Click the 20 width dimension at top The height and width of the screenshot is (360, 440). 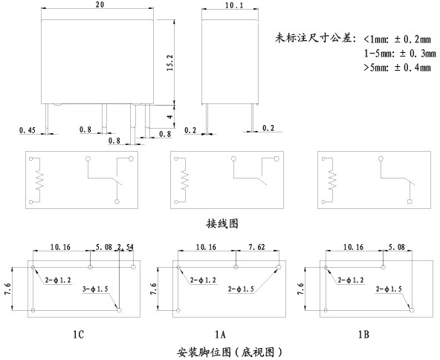pos(100,4)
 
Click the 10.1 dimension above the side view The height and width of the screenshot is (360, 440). pos(234,5)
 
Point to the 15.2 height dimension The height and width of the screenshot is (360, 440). pos(170,62)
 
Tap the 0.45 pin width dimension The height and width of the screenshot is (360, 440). pos(27,130)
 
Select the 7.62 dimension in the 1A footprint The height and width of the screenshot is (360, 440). pos(256,247)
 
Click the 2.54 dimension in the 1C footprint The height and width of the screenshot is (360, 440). pos(125,247)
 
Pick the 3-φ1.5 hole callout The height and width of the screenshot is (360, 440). pos(95,289)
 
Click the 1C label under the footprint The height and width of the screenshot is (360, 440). pos(78,335)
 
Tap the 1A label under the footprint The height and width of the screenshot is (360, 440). pos(220,335)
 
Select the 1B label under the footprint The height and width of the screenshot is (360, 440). pos(363,335)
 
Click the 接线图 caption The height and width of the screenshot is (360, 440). pos(222,224)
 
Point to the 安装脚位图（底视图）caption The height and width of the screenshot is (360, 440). pos(229,352)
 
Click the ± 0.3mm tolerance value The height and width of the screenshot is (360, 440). pos(417,53)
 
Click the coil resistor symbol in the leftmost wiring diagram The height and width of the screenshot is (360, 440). pos(39,180)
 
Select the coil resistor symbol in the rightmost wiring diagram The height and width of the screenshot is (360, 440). pos(332,180)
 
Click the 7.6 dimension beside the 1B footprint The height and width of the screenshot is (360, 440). pos(300,289)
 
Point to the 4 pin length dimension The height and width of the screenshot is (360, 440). pos(170,115)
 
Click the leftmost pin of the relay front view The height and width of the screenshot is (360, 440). pos(47,118)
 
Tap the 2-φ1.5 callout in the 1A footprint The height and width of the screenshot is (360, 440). pos(241,289)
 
